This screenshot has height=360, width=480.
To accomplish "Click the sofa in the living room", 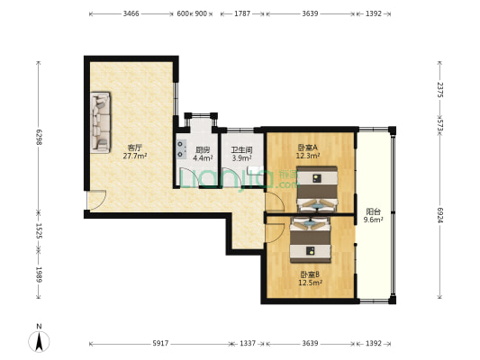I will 99,121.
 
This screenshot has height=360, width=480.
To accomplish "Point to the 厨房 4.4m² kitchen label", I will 203,154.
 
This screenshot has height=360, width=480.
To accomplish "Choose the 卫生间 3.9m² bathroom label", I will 241,154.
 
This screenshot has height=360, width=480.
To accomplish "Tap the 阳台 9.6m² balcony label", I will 373,214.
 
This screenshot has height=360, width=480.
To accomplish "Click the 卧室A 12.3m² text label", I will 309,151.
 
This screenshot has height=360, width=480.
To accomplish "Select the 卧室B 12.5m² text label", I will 311,278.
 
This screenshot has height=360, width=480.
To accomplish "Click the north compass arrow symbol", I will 39,340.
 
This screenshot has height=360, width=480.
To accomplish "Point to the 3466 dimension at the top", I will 131,14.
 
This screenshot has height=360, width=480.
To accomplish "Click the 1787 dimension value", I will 242,14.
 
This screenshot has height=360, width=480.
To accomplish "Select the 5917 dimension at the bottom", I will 160,344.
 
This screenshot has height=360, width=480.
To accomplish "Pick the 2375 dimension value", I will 439,90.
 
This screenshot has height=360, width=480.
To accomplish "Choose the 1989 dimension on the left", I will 39,274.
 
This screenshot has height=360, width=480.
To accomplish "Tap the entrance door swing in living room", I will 97,200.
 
